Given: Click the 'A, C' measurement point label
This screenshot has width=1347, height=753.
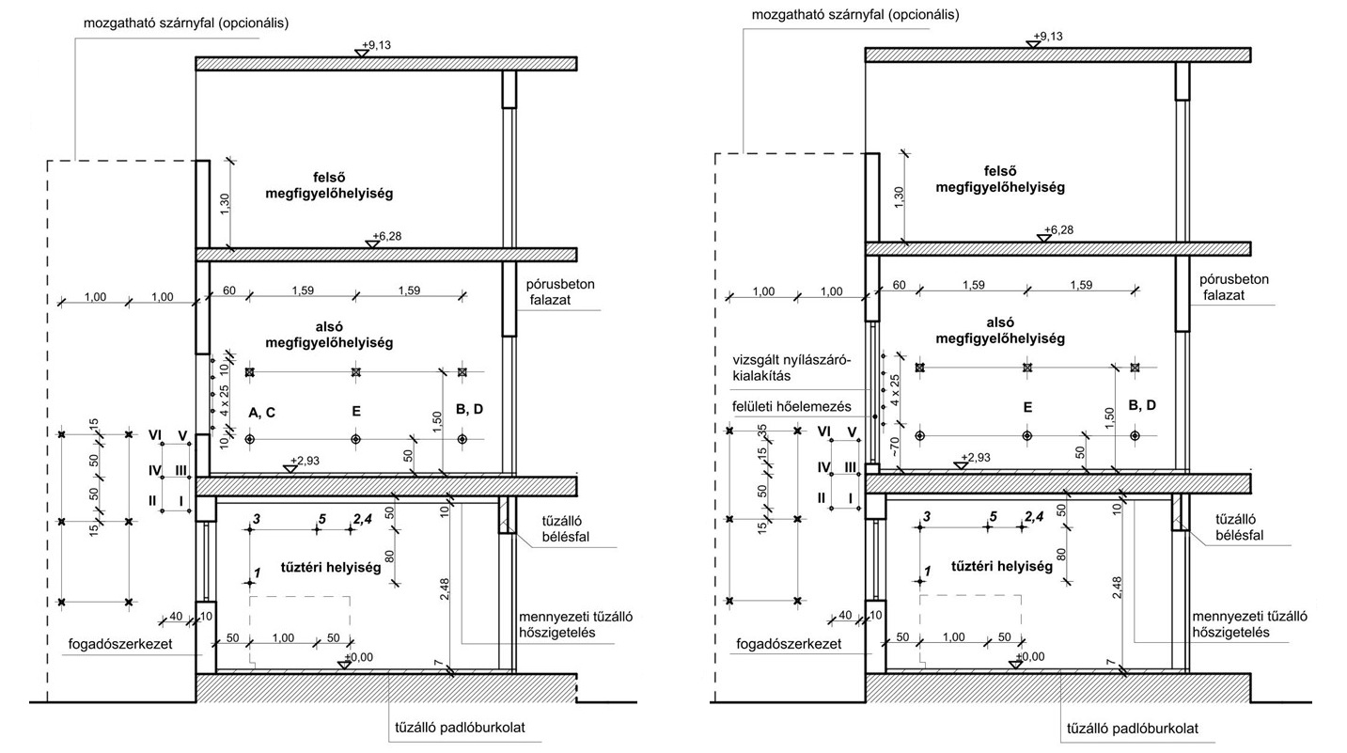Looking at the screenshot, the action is click(261, 413).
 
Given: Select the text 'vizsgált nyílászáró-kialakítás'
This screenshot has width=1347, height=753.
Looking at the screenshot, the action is click(792, 369).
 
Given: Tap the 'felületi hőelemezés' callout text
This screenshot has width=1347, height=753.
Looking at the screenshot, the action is click(792, 406).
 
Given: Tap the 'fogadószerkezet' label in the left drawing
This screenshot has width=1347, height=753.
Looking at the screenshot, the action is click(120, 644).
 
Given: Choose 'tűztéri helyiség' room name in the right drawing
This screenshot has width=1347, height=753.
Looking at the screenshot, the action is click(1002, 567).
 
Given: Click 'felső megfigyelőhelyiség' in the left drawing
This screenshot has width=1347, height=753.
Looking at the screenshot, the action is click(329, 186).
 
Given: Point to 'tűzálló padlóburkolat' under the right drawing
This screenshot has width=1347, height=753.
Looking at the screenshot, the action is click(1133, 729).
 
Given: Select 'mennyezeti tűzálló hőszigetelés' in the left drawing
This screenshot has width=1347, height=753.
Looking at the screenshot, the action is click(575, 624).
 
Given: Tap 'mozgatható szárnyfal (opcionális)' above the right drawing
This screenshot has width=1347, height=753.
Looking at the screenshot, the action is click(855, 14).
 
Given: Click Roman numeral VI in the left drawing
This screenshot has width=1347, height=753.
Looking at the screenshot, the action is click(156, 436).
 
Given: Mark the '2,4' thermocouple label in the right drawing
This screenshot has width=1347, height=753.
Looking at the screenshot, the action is click(1034, 516).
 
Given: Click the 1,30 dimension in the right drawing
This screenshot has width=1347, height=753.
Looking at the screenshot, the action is click(899, 197).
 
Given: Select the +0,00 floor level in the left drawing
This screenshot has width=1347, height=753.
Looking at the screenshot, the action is click(359, 657).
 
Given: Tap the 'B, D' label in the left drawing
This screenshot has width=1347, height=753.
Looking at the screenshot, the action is click(470, 410).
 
